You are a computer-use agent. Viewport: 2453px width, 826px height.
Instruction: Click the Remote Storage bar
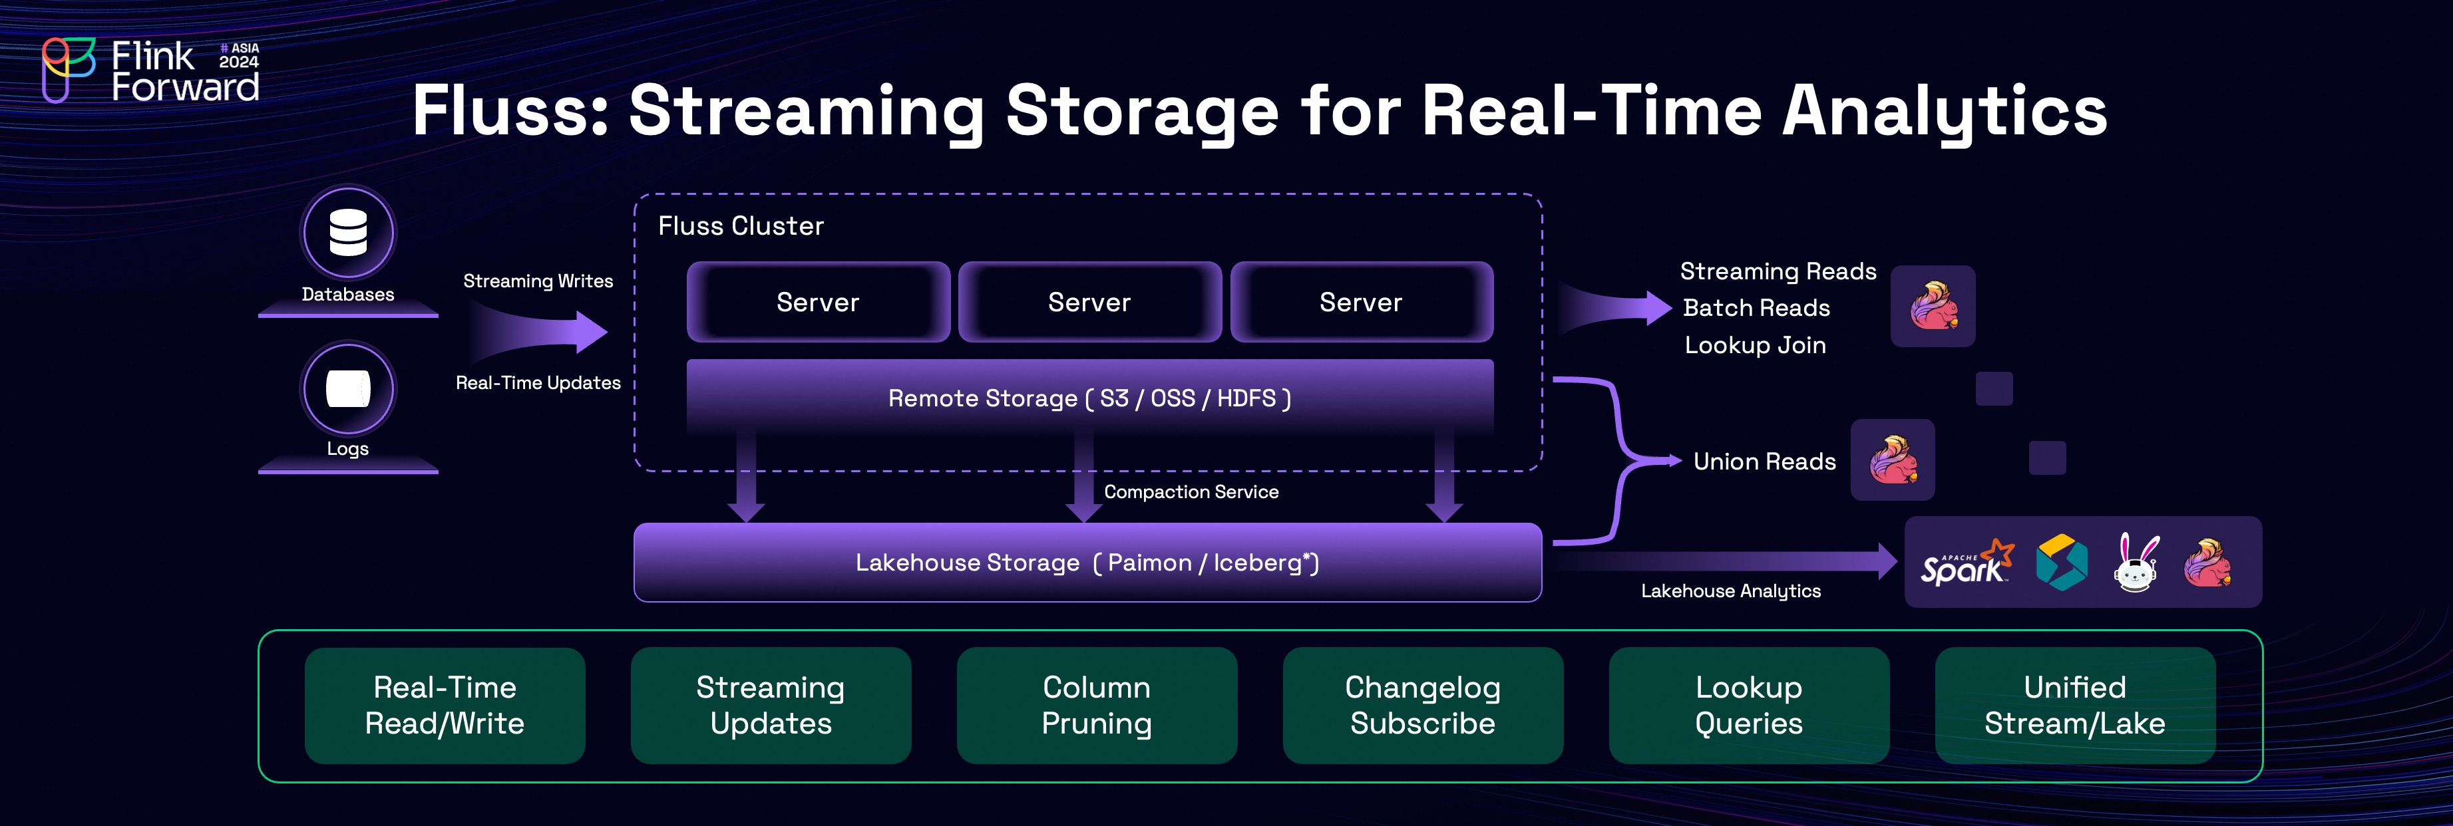(x=1089, y=398)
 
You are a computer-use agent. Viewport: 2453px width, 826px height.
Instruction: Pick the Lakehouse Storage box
(x=1087, y=563)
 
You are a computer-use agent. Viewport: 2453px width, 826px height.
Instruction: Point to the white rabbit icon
(x=2136, y=563)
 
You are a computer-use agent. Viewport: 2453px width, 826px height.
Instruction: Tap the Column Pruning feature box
(x=1096, y=705)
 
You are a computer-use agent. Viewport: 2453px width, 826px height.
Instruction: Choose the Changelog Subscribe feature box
(x=1423, y=705)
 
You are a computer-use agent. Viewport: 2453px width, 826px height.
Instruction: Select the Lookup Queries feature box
(x=1748, y=705)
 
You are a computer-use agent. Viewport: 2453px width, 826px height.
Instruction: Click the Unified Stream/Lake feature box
(x=2074, y=705)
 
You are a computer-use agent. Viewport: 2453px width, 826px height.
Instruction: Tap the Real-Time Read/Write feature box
(x=445, y=705)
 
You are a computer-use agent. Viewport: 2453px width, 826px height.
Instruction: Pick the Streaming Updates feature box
(x=771, y=705)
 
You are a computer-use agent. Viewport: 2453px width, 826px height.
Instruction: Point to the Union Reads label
(x=1764, y=462)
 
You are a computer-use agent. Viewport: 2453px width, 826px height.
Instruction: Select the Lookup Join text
(x=1755, y=345)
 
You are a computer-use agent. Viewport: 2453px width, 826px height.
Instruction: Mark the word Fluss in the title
(x=510, y=110)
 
